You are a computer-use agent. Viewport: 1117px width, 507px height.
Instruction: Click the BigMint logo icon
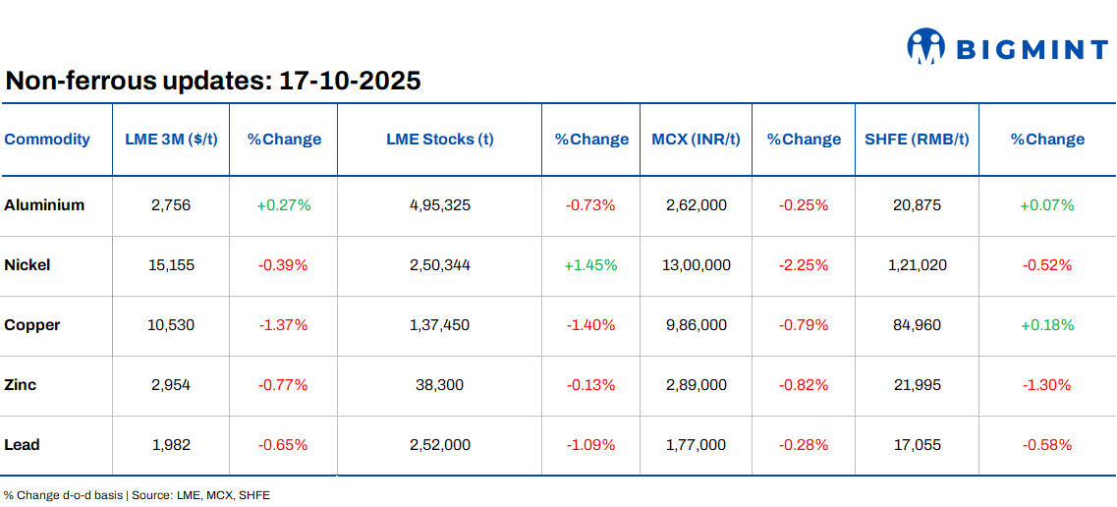[925, 46]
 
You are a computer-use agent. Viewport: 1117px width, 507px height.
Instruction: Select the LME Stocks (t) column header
[439, 140]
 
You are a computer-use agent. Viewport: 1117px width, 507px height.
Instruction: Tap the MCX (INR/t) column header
[697, 140]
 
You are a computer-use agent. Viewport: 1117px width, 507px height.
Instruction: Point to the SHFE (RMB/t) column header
[917, 140]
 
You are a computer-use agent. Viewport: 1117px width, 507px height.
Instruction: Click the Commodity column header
[47, 140]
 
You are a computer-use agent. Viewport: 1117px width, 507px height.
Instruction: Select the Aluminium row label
[44, 205]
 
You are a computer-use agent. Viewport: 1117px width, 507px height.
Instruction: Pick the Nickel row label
[28, 265]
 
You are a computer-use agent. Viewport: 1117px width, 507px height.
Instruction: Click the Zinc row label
[21, 385]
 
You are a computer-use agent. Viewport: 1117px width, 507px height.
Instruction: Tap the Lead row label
[22, 445]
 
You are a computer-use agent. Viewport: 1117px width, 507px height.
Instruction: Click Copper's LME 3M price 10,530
[171, 325]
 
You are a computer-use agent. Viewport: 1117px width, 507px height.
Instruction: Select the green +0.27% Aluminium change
[283, 205]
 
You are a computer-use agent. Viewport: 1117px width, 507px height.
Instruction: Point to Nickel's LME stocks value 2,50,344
[439, 265]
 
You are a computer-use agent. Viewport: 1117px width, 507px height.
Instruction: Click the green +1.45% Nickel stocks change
[590, 265]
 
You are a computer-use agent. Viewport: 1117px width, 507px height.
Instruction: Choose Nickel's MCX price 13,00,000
[697, 265]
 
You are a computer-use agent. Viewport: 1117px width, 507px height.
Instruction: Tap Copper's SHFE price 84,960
[917, 325]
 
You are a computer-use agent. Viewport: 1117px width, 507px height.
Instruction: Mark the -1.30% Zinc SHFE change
[1046, 385]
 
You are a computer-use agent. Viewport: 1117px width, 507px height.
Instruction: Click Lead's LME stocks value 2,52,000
[439, 445]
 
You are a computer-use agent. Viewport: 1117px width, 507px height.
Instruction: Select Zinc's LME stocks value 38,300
[439, 385]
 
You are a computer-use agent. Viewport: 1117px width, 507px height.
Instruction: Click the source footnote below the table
[137, 495]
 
